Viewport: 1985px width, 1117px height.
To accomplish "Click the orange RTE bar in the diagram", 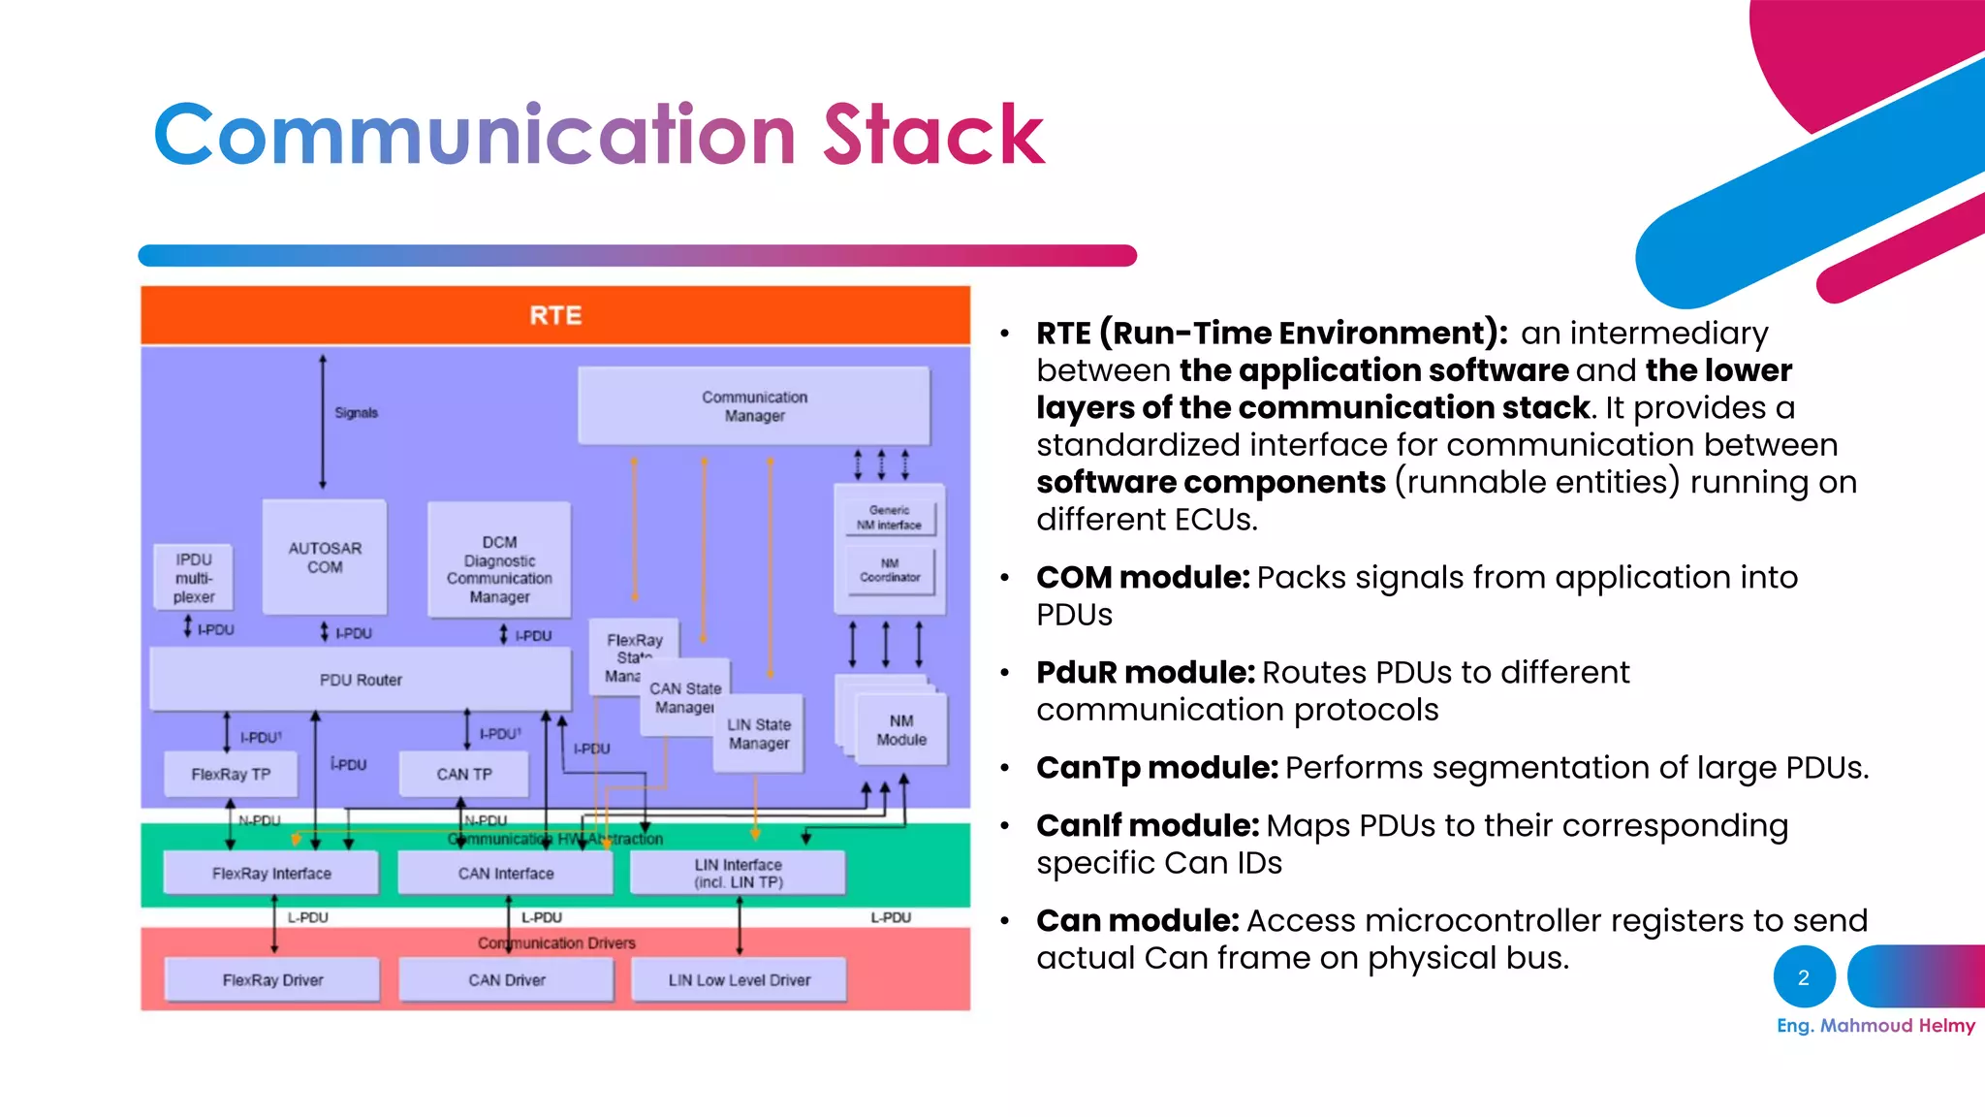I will pos(555,315).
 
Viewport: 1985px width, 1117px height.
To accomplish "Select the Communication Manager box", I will pos(754,406).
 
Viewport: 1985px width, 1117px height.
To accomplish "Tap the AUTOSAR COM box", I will pos(325,558).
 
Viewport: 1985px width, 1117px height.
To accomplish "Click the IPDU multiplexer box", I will pos(194,578).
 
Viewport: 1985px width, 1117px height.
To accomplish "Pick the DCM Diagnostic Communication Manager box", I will pos(499,568).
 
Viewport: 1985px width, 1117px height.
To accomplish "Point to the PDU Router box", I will pos(361,680).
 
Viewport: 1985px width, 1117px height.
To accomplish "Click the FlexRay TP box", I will pos(231,774).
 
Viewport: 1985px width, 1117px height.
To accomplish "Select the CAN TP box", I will pos(464,774).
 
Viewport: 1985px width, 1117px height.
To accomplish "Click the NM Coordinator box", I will pos(890,570).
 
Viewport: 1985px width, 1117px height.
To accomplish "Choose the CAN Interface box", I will pos(506,874).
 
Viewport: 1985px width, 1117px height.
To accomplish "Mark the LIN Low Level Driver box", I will pos(740,980).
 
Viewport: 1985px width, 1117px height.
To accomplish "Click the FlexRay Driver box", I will pos(272,980).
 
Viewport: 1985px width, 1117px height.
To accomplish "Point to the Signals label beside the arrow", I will pos(356,413).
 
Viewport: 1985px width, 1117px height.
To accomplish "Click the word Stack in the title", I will pos(933,136).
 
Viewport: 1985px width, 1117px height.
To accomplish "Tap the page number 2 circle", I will pos(1804,977).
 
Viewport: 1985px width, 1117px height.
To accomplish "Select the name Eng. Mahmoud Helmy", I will pos(1875,1026).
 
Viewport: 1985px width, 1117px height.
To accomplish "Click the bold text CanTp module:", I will pos(1157,768).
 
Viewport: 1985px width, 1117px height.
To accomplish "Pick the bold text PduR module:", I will pos(1146,673).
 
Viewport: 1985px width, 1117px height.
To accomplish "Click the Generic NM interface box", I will pos(889,518).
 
